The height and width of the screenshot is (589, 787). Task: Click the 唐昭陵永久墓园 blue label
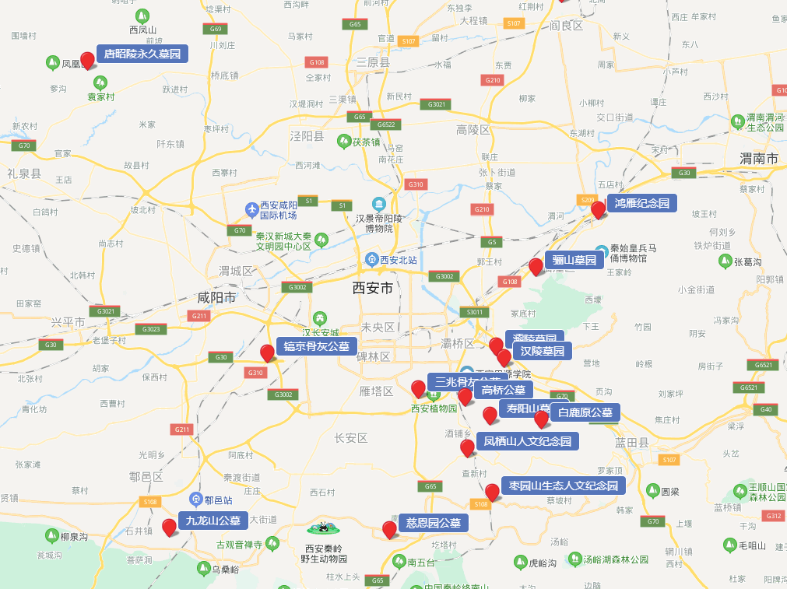[142, 54]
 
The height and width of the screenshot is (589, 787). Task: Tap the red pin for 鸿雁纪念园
[598, 209]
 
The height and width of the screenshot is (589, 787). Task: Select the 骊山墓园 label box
[574, 260]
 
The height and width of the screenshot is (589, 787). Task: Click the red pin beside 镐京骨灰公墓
[267, 353]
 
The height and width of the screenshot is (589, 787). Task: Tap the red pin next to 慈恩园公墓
[389, 530]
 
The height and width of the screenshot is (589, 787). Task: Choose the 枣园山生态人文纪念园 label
[564, 486]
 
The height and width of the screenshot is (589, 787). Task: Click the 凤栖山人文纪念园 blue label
[528, 441]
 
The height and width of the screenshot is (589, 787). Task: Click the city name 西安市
[373, 288]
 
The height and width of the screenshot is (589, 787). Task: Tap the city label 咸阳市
[216, 297]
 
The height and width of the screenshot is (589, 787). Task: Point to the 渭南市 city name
[759, 159]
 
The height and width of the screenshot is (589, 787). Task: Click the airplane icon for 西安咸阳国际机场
[251, 209]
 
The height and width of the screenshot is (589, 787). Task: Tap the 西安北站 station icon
[372, 259]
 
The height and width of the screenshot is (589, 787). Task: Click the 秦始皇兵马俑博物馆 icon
[602, 251]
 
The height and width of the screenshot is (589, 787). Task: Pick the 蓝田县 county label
[631, 441]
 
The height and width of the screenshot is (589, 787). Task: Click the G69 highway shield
[216, 29]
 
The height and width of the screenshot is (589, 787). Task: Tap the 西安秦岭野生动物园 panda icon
[325, 529]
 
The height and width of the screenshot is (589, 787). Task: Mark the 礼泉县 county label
[23, 173]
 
